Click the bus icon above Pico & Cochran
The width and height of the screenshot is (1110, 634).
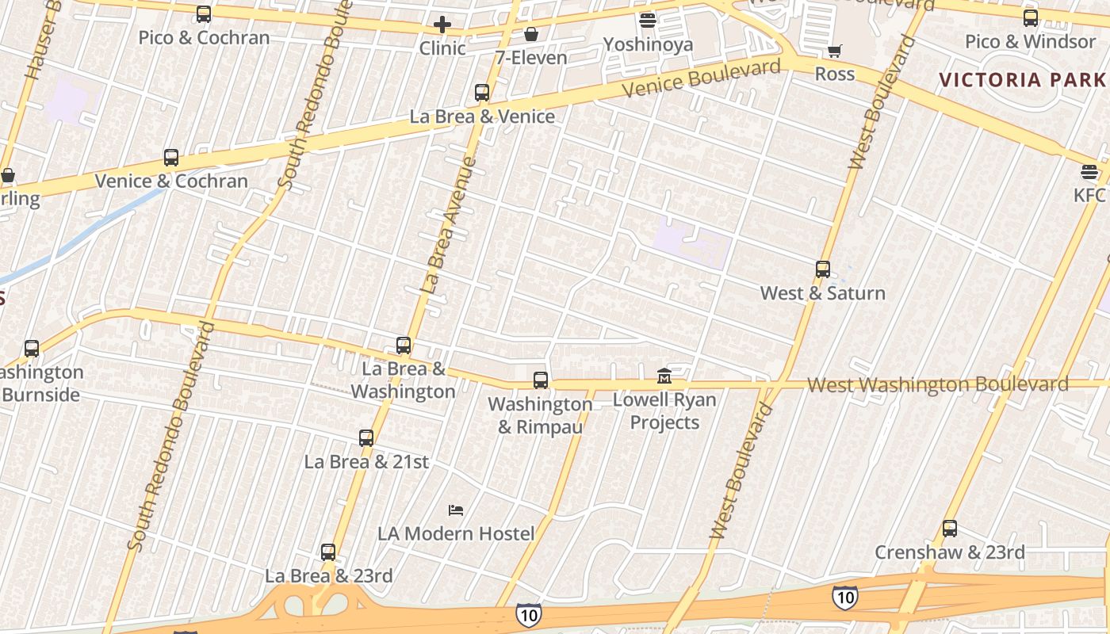click(204, 14)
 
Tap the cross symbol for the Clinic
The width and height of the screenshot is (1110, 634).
click(442, 25)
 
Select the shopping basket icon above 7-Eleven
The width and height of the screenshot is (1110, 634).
click(531, 34)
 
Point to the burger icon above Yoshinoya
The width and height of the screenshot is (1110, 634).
click(648, 21)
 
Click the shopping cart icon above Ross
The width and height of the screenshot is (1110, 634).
click(834, 52)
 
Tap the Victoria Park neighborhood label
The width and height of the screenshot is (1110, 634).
click(1023, 79)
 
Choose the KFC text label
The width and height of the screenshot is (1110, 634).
click(1089, 195)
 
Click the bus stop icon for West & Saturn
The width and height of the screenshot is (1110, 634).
click(823, 269)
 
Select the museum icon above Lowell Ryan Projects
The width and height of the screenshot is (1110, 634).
click(664, 375)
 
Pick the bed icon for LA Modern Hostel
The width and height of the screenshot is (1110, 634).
click(456, 510)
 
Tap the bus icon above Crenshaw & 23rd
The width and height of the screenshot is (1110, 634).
click(950, 529)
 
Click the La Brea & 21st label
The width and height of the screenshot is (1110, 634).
click(366, 461)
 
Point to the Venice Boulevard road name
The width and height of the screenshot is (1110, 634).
click(701, 78)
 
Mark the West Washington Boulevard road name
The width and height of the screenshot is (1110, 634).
click(937, 385)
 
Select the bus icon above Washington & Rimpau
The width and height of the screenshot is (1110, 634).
click(541, 380)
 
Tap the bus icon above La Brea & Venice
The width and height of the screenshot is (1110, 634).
click(482, 93)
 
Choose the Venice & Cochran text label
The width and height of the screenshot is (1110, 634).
click(171, 181)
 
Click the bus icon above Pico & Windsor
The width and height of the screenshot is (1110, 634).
click(1031, 18)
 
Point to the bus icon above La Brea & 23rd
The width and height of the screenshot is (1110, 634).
click(328, 552)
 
